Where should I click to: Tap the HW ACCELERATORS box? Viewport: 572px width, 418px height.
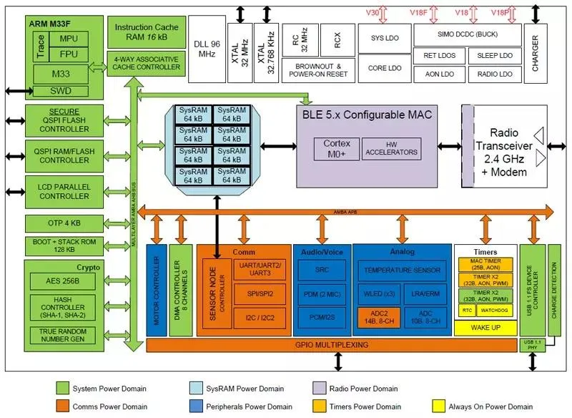point(390,148)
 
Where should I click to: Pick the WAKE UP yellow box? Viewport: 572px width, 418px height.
point(485,327)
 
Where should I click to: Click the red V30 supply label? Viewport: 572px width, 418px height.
point(373,13)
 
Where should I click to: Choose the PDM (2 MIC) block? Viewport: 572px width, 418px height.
point(322,293)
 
